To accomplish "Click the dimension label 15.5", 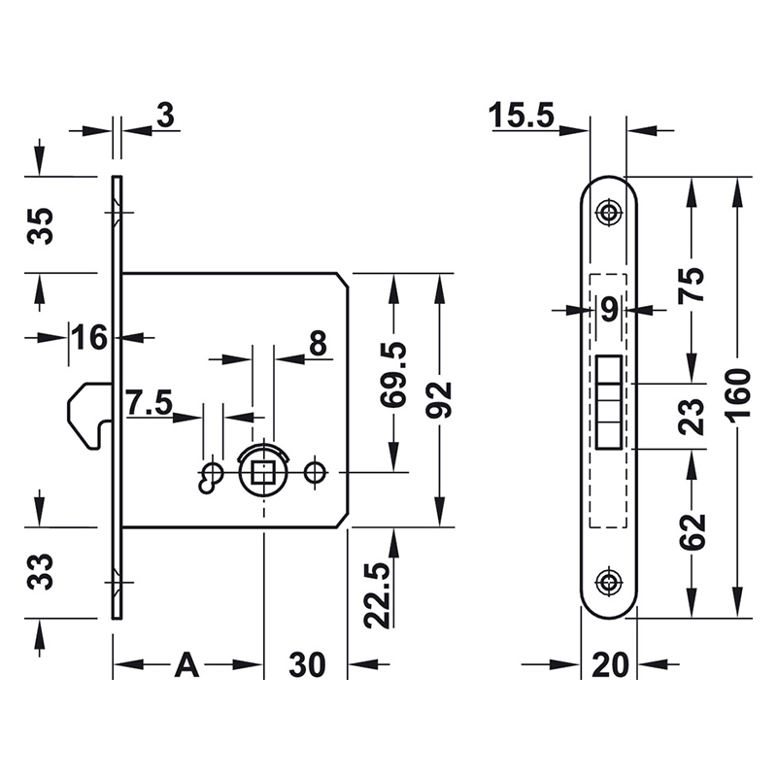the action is click(x=522, y=116).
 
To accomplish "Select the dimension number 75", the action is click(x=693, y=284).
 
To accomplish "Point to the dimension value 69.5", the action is click(x=394, y=375).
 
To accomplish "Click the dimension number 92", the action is click(x=438, y=400).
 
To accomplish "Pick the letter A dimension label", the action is click(x=186, y=665).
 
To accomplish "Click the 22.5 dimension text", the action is click(x=378, y=595).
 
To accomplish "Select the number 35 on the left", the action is click(x=40, y=225).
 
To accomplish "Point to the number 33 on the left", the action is click(x=40, y=572).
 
